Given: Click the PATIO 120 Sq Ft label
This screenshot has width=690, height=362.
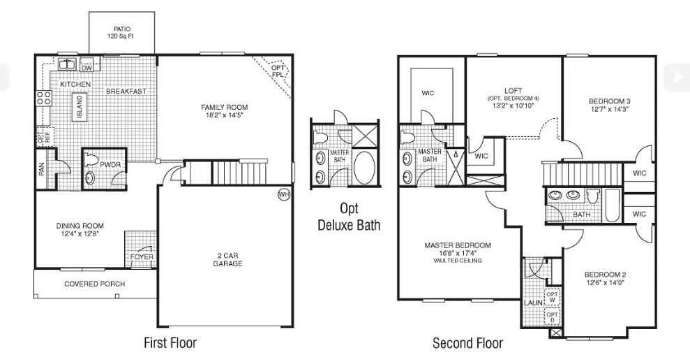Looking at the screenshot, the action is [x=122, y=33].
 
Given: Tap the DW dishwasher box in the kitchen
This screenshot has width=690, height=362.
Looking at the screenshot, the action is [x=87, y=67].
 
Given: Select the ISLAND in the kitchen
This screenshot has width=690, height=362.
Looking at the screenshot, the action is [x=80, y=107].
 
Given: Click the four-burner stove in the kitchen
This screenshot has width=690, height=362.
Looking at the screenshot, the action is [x=43, y=97].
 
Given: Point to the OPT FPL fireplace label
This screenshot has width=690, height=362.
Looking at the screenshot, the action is [x=278, y=71].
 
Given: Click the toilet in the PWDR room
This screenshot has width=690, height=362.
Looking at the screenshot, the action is [x=91, y=159].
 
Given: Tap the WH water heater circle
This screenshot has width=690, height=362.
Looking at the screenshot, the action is [x=283, y=194].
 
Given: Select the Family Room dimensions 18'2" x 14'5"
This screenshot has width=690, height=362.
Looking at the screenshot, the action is [x=225, y=116].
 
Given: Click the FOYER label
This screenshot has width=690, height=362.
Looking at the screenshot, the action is [x=142, y=256].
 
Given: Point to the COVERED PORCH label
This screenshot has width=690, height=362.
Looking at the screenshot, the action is [x=95, y=284].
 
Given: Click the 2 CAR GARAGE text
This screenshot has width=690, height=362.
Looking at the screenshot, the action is [x=227, y=259].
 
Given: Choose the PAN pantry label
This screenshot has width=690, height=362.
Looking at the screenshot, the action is [x=41, y=169].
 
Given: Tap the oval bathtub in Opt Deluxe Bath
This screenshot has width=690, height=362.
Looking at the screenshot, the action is [x=364, y=168].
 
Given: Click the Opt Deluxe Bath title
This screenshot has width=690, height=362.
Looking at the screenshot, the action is [x=349, y=217].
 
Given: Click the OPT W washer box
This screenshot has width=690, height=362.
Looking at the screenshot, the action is [x=552, y=297].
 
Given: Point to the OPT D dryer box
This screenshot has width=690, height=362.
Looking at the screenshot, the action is [x=552, y=317].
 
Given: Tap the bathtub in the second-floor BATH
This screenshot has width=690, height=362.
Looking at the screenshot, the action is [x=613, y=205].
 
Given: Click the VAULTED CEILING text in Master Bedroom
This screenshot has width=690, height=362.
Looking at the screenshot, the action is [x=458, y=261].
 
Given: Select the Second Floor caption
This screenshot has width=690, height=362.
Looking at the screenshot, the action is [x=467, y=342].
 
